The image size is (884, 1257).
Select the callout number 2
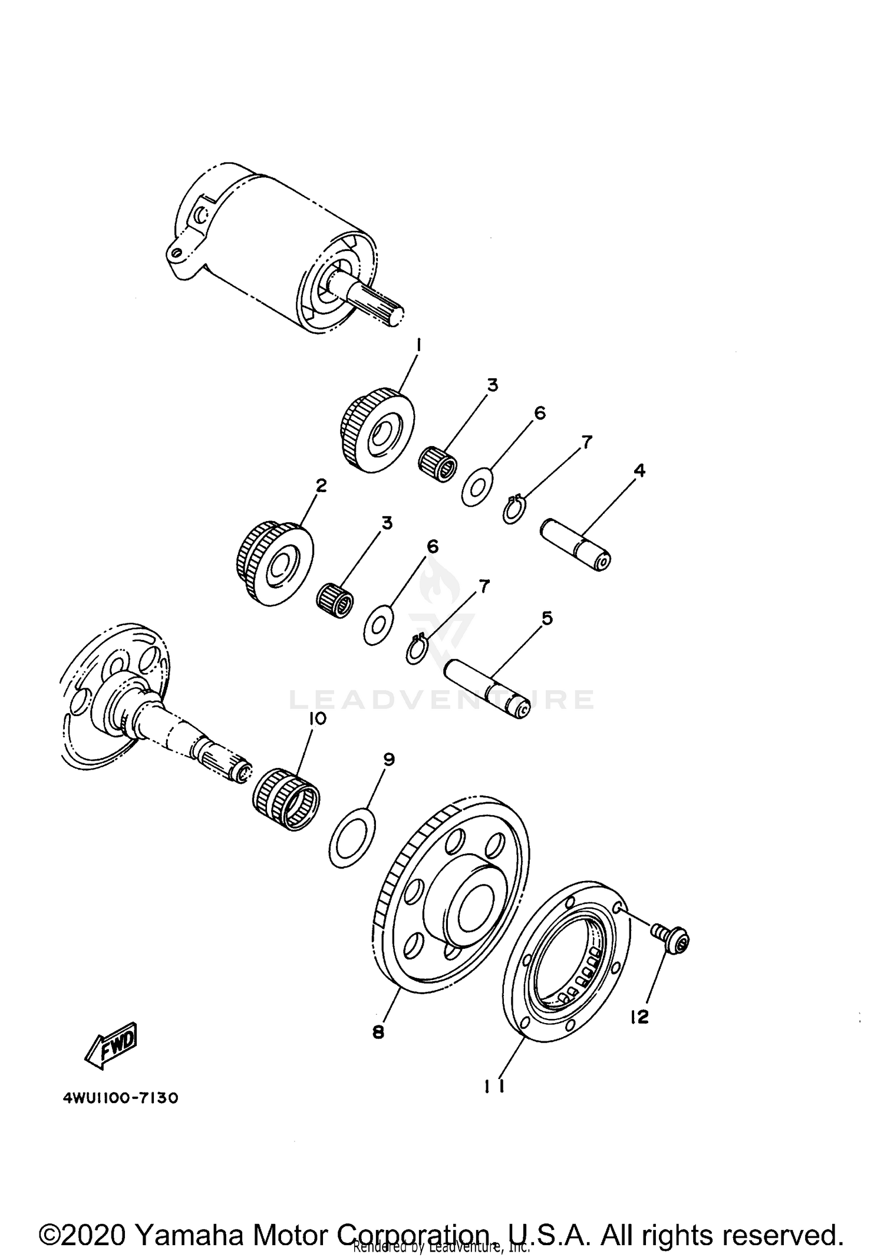click(321, 486)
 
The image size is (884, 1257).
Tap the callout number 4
click(639, 470)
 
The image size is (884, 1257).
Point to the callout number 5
click(547, 618)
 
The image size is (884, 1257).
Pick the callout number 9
click(388, 760)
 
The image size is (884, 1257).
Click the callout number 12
click(639, 1017)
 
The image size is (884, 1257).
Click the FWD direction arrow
click(112, 1045)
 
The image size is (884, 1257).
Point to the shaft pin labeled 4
click(576, 544)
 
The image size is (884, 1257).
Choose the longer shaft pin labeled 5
click(487, 689)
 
